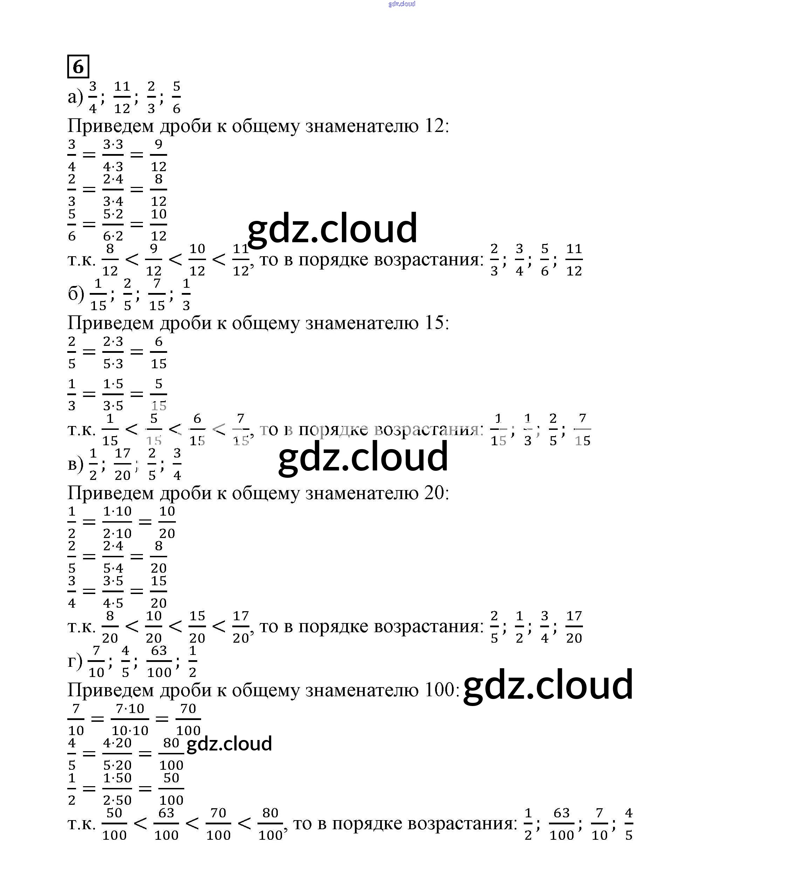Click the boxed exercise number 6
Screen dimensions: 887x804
[x=78, y=67]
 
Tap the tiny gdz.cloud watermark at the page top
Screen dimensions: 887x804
[x=401, y=4]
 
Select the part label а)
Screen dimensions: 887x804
[x=75, y=97]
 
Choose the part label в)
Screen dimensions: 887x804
[x=75, y=464]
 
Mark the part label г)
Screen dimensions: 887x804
[x=75, y=661]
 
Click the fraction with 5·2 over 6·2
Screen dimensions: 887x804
[x=113, y=225]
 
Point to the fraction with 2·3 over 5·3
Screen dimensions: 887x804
[x=113, y=352]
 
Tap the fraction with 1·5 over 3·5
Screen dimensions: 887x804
[x=113, y=394]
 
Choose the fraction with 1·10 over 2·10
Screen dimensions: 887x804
[x=117, y=522]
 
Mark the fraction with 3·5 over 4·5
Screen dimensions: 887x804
[x=113, y=592]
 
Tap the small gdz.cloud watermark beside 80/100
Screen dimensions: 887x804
[x=229, y=744]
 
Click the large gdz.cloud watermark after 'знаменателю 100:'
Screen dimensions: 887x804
[x=548, y=685]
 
